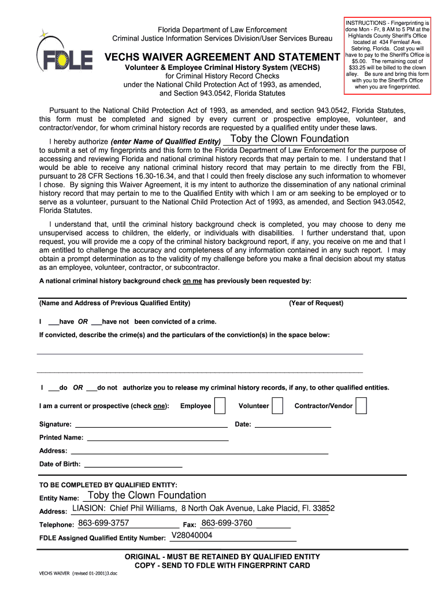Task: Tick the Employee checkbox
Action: tap(220, 406)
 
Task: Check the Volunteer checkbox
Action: tap(277, 406)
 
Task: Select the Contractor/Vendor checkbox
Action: tap(361, 406)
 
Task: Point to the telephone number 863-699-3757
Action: tap(103, 523)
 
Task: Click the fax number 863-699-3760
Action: tap(227, 523)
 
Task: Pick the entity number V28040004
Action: tap(192, 535)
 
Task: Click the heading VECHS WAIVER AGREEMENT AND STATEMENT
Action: tap(221, 57)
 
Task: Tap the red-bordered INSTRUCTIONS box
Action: tap(387, 54)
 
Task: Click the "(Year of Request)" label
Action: tap(316, 303)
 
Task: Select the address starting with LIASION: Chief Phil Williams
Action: tap(203, 508)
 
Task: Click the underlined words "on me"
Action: tap(192, 281)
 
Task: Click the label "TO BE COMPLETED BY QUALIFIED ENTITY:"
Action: tap(108, 484)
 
